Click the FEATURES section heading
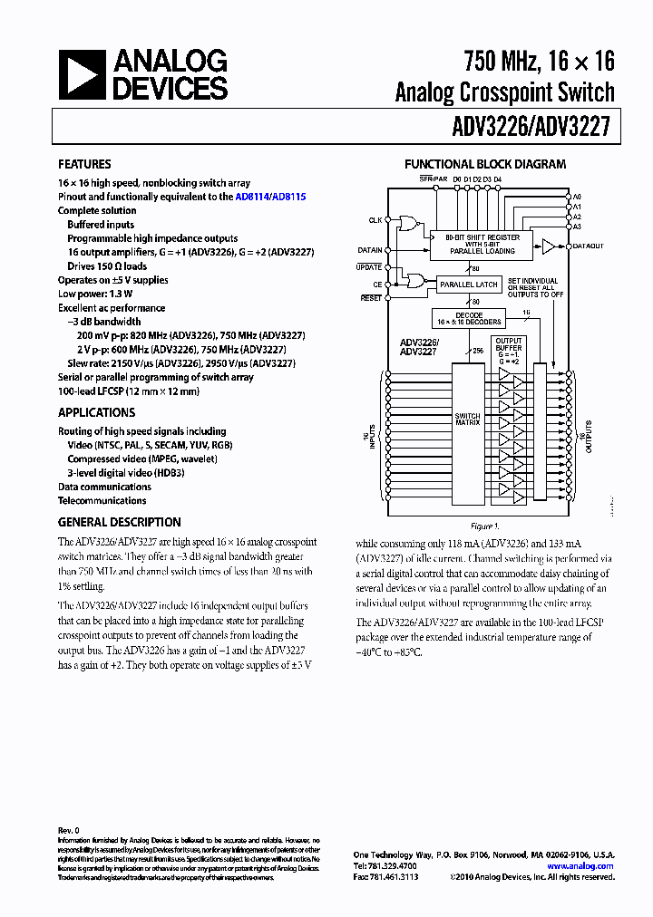click(84, 164)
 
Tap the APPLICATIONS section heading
click(96, 412)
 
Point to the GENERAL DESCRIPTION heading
click(119, 522)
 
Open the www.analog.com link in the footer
click(580, 866)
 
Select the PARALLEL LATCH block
click(469, 285)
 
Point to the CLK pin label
click(375, 220)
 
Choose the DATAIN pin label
click(370, 249)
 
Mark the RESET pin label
click(371, 297)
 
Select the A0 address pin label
click(577, 197)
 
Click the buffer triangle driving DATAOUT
click(548, 246)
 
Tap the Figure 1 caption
click(483, 526)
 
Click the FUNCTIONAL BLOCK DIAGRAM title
click(484, 164)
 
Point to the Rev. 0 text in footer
click(69, 830)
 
